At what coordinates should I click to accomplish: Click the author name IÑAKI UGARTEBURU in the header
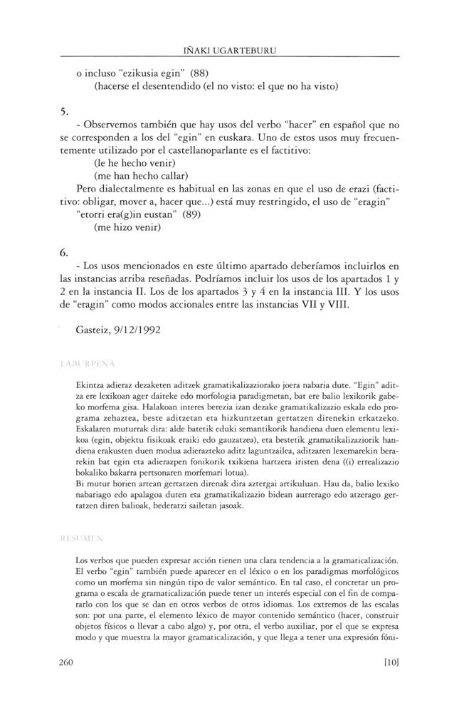click(x=229, y=49)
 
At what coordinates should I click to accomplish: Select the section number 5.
click(x=64, y=111)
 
